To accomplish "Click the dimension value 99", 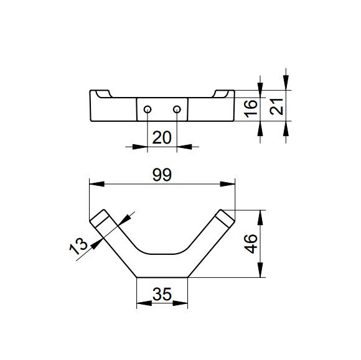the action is [162, 175].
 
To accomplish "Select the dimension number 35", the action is [162, 294].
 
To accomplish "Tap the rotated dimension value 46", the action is [250, 244].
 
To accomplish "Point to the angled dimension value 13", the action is [78, 246].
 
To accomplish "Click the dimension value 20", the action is [162, 137].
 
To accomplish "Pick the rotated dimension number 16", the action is [250, 109].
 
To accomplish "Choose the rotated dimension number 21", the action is [276, 106].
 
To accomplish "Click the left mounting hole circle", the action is [148, 109].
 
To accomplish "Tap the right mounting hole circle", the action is [177, 109].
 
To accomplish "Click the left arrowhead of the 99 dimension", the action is [96, 184].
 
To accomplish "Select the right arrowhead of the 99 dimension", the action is [227, 184].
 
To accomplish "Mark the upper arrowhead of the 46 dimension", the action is [260, 218].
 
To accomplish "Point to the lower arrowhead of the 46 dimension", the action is [260, 270].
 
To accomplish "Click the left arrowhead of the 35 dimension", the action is [144, 303].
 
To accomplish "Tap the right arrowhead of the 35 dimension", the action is [180, 303].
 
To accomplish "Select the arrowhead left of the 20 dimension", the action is [140, 147].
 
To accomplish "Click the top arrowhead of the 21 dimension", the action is [286, 83].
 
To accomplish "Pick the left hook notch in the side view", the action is [104, 95].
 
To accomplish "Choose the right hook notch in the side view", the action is [220, 95].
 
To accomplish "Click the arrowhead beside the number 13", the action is [96, 244].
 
